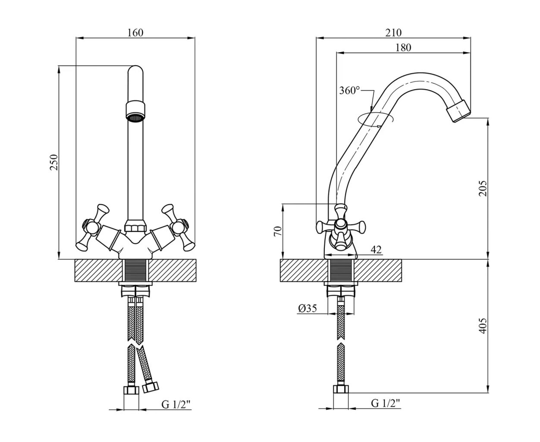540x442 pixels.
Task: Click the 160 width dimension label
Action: point(135,33)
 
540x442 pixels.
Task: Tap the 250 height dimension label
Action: point(54,162)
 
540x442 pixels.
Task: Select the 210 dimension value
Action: point(393,33)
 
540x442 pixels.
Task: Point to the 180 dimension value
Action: point(403,47)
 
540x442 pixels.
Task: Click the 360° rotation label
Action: point(349,91)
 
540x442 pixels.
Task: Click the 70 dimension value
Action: point(278,231)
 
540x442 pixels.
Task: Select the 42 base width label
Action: point(376,249)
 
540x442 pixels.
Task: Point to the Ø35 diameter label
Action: point(307,308)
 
